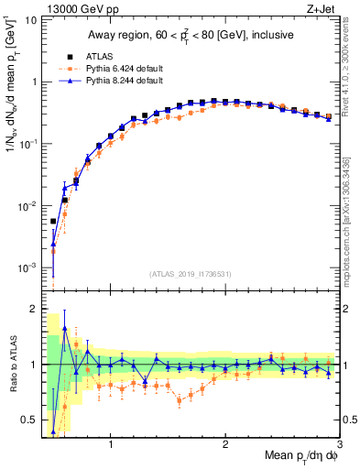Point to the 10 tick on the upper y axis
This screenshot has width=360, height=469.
tap(30, 19)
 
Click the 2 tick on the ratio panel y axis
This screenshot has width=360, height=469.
tap(34, 309)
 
